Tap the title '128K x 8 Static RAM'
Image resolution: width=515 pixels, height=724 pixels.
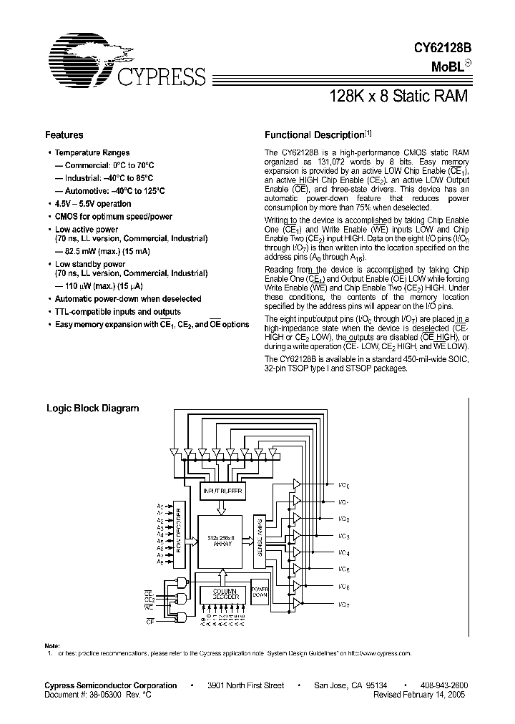click(398, 96)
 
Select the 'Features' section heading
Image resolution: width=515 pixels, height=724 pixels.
click(64, 135)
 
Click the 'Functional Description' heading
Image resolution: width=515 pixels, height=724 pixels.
click(315, 135)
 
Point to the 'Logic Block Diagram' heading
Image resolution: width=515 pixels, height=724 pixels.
click(92, 409)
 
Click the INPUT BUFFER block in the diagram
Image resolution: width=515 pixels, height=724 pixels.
click(222, 491)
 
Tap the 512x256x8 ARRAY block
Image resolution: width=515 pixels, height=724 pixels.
click(222, 542)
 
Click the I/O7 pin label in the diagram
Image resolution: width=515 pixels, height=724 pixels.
click(344, 605)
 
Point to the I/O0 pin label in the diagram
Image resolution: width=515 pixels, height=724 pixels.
click(344, 484)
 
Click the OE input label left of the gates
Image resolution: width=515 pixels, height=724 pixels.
click(150, 622)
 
